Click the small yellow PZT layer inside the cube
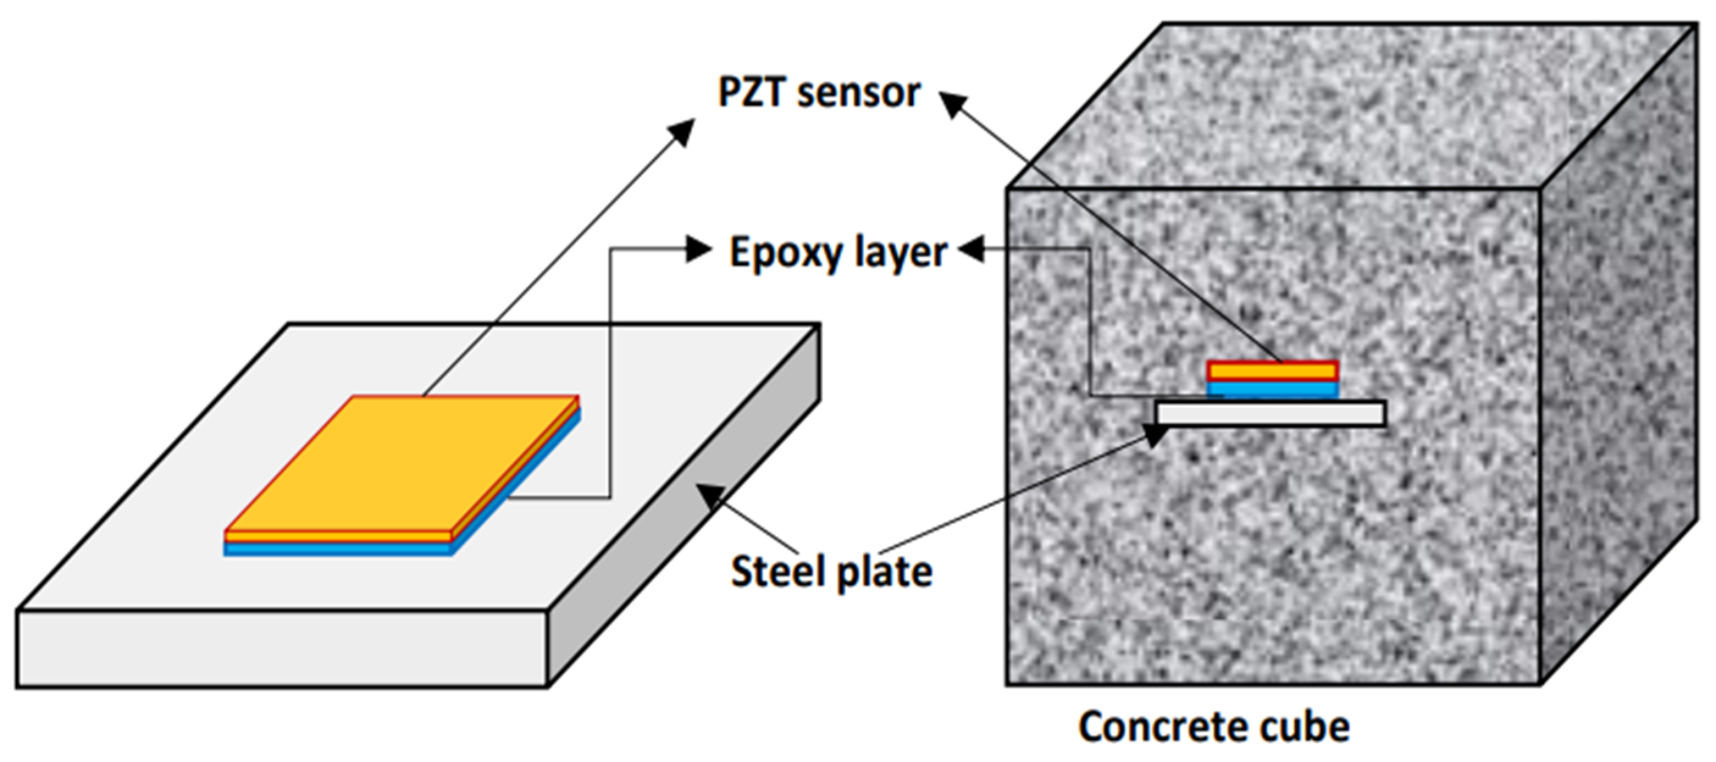point(1272,370)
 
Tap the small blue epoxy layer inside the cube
point(1272,390)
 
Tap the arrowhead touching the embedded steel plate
point(1156,434)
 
